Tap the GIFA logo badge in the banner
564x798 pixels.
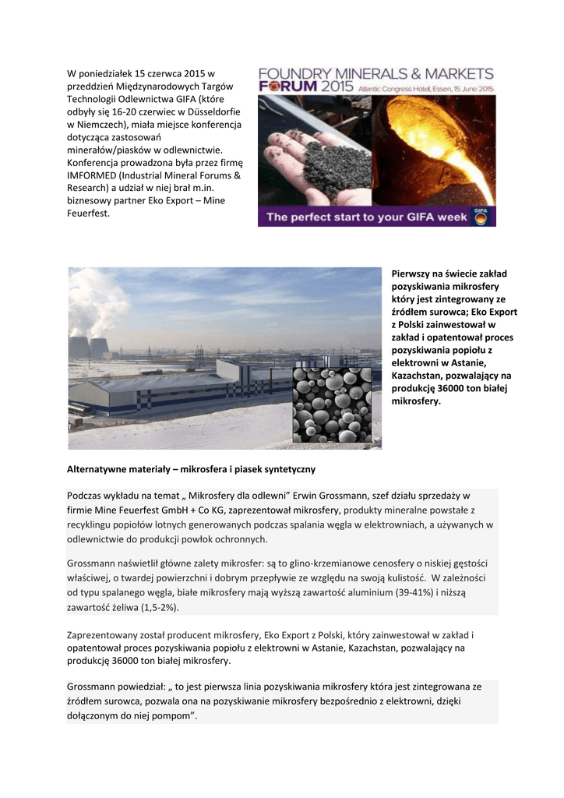pos(481,217)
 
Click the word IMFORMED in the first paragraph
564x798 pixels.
pos(93,175)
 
